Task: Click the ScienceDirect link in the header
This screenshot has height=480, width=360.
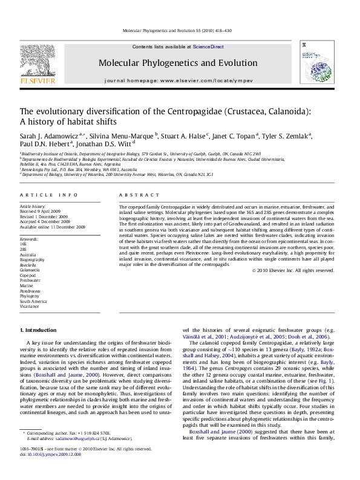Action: (x=208, y=47)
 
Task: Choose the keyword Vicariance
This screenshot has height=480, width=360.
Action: (x=29, y=306)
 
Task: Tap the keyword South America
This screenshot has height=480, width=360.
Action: (x=33, y=302)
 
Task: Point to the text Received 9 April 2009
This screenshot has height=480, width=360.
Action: (x=45, y=210)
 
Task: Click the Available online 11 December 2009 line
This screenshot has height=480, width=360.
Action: (x=53, y=227)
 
